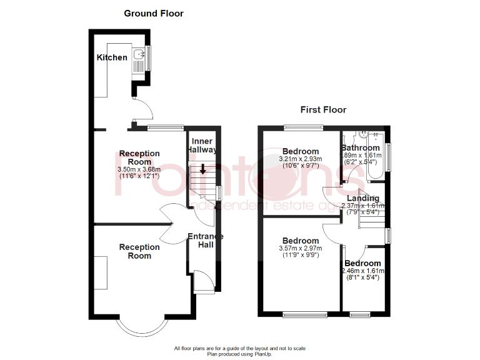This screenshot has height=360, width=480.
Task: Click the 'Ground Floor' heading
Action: point(154,13)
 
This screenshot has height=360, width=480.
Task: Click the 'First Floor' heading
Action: point(323,110)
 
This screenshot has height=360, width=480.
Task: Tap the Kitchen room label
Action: point(112,57)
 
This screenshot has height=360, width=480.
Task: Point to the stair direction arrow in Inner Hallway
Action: point(202,169)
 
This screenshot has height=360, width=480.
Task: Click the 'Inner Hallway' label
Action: point(203,146)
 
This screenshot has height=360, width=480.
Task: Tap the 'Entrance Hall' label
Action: point(206,240)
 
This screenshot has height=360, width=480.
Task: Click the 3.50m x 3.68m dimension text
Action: point(139,169)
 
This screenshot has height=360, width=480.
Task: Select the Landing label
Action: point(364,198)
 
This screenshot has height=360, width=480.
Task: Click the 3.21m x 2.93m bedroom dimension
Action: point(301,159)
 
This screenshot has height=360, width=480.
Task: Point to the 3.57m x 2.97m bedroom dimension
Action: point(301,248)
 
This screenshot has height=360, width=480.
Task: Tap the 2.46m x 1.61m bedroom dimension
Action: point(363,271)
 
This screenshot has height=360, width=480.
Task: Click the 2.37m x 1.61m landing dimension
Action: point(364,206)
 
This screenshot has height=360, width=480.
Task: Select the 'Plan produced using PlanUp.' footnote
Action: point(240,354)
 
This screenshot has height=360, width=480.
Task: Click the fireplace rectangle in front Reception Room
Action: point(101,272)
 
